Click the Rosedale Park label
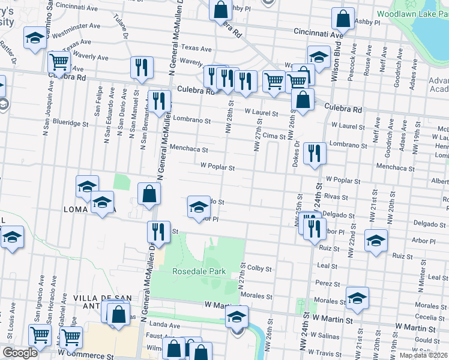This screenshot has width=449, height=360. [x=199, y=271]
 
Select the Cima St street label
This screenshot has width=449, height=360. [x=273, y=137]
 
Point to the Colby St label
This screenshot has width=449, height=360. [x=260, y=269]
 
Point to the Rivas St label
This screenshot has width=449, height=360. [x=337, y=197]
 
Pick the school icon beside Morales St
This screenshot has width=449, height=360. [x=357, y=297]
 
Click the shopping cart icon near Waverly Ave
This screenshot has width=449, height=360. [x=59, y=61]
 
